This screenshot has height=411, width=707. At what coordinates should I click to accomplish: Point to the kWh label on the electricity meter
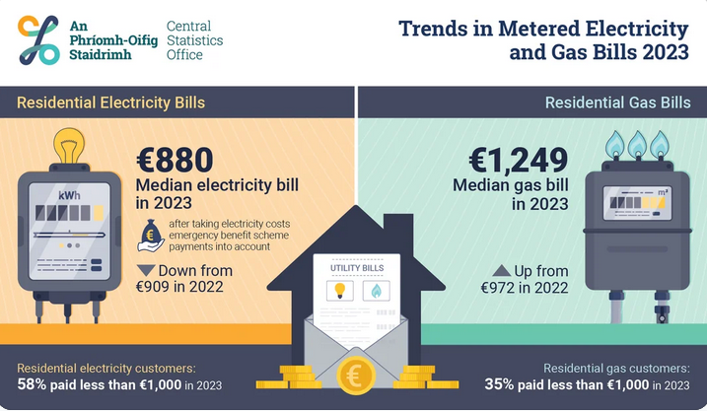[69, 195]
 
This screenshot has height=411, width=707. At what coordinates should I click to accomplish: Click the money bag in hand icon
[152, 238]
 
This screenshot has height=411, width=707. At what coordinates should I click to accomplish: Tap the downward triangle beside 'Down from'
[146, 271]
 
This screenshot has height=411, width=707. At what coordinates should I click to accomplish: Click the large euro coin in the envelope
[354, 376]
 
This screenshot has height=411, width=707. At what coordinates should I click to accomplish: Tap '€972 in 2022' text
[524, 288]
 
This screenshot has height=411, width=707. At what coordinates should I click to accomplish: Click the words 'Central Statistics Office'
[194, 40]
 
